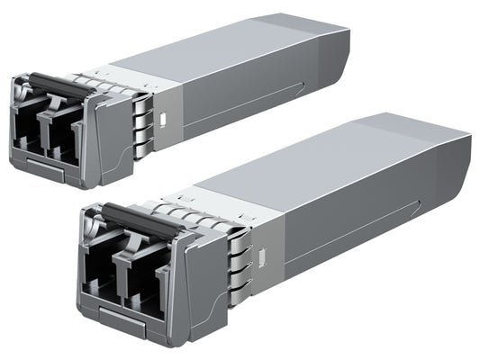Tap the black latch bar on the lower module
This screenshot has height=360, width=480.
(135, 215)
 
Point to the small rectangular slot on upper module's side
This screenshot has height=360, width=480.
(164, 117)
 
